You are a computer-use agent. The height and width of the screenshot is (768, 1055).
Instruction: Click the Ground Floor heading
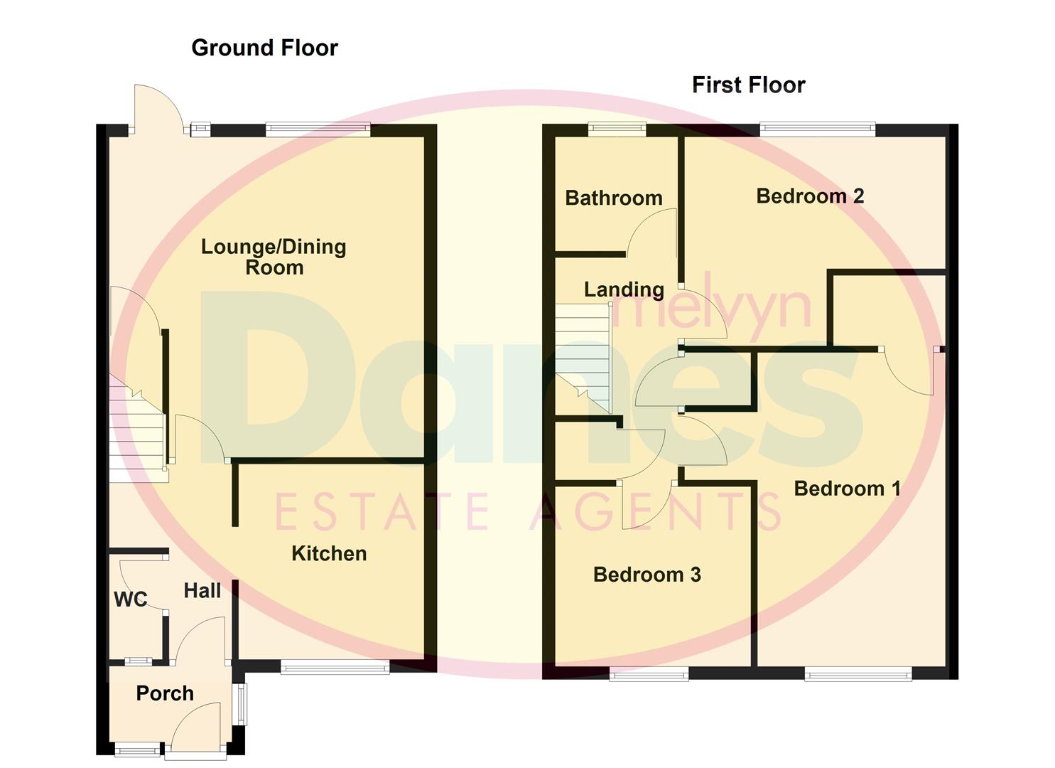click(x=264, y=48)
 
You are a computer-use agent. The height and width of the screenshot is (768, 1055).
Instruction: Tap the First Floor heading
click(x=748, y=85)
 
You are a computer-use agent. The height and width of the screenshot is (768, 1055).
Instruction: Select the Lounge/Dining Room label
click(x=274, y=257)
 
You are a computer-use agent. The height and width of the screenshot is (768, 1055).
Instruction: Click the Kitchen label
click(x=329, y=553)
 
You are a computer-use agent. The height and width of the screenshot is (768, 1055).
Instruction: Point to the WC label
click(x=131, y=599)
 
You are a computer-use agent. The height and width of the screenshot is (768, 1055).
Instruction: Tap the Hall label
click(x=202, y=590)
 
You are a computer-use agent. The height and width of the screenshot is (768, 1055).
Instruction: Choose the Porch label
click(x=165, y=693)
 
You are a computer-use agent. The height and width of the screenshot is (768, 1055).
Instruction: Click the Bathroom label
click(x=614, y=198)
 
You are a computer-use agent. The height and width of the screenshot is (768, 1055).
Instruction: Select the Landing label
click(x=624, y=289)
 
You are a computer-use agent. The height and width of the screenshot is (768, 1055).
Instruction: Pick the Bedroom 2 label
click(x=810, y=196)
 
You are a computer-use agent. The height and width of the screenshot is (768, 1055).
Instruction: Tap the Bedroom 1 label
click(x=847, y=489)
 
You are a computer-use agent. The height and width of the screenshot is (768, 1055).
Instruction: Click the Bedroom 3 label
click(x=646, y=575)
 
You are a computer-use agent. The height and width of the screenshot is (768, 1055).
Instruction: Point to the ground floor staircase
click(x=137, y=434)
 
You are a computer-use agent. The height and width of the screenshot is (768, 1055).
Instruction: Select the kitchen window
click(x=335, y=667)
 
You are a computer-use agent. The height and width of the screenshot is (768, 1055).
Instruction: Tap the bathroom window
click(x=617, y=129)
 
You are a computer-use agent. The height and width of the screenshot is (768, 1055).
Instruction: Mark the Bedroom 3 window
click(x=649, y=673)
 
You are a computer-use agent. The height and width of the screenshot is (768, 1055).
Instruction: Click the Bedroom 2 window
click(x=817, y=129)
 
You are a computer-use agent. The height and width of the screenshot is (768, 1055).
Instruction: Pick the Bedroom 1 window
click(x=857, y=673)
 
